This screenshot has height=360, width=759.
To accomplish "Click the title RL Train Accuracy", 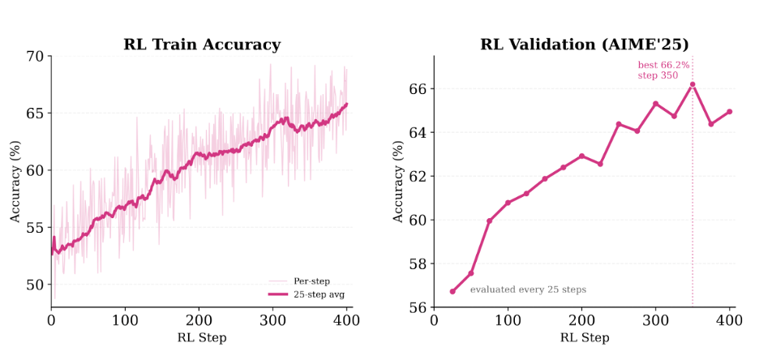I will pyautogui.click(x=202, y=45).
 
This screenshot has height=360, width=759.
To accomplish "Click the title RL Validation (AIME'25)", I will pyautogui.click(x=584, y=45).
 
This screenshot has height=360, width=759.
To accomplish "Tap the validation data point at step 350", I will pyautogui.click(x=693, y=84).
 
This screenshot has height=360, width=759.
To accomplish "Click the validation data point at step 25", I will pyautogui.click(x=452, y=291).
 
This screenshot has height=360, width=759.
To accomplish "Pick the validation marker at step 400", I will pyautogui.click(x=729, y=112).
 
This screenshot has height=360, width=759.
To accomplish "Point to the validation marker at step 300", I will pyautogui.click(x=655, y=104).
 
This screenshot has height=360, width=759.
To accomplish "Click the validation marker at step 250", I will pyautogui.click(x=619, y=124).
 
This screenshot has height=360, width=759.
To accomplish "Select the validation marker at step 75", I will pyautogui.click(x=489, y=221).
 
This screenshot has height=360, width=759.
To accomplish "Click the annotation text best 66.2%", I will pyautogui.click(x=663, y=64).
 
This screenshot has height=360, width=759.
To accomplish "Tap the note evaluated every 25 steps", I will pyautogui.click(x=528, y=289).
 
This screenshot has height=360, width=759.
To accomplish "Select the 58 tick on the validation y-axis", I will pyautogui.click(x=418, y=264).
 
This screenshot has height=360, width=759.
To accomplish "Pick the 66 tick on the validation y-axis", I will pyautogui.click(x=418, y=89).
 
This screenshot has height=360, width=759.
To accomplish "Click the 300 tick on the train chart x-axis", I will pyautogui.click(x=272, y=320).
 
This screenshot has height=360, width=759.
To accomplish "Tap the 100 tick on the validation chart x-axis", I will pyautogui.click(x=508, y=320).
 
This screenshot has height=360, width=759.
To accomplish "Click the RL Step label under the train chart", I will pyautogui.click(x=202, y=338).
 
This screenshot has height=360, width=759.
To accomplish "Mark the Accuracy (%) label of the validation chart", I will pyautogui.click(x=398, y=182).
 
